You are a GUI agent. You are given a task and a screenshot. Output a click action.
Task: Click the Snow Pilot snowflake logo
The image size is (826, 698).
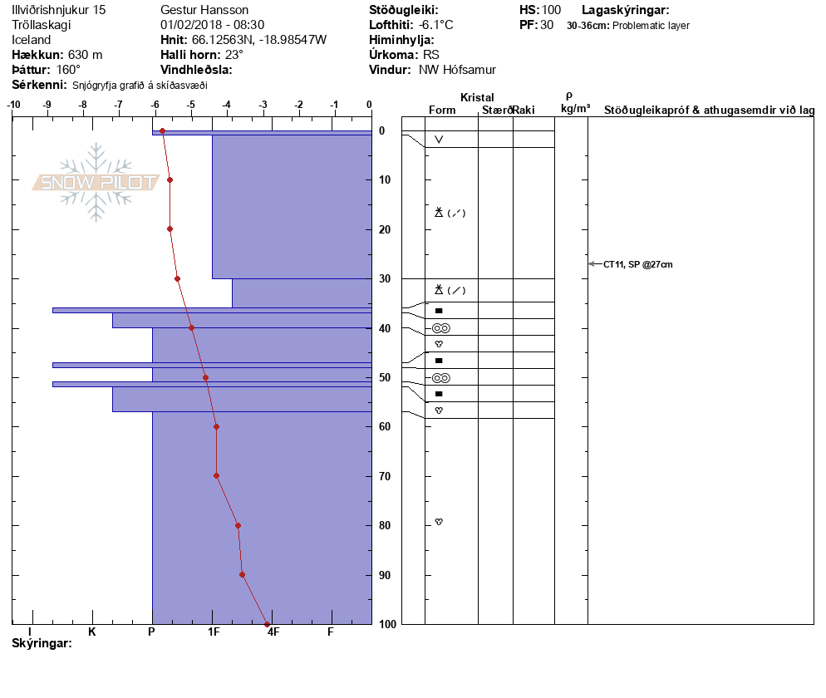pyautogui.click(x=96, y=182)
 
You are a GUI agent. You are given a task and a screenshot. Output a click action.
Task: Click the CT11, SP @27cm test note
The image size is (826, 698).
pyautogui.click(x=637, y=264)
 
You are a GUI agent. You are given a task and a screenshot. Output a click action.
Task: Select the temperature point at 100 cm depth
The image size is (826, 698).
pyautogui.click(x=267, y=623)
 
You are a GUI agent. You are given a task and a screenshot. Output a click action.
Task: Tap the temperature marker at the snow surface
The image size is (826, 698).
pyautogui.click(x=162, y=131)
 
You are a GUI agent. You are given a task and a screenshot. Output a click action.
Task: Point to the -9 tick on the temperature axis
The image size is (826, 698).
pyautogui.click(x=48, y=105)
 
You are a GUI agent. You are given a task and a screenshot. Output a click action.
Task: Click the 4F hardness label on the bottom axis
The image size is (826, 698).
pyautogui.click(x=272, y=632)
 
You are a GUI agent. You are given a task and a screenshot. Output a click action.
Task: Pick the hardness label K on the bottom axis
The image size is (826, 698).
pyautogui.click(x=92, y=632)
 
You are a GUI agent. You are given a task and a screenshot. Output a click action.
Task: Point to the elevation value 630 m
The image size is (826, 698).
pyautogui.click(x=85, y=55)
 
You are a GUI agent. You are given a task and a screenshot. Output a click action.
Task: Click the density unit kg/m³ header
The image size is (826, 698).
pyautogui.click(x=575, y=109)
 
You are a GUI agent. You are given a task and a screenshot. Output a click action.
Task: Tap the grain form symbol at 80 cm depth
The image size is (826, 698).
pyautogui.click(x=439, y=522)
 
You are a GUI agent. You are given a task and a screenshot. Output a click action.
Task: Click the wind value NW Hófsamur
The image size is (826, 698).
pyautogui.click(x=457, y=70)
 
